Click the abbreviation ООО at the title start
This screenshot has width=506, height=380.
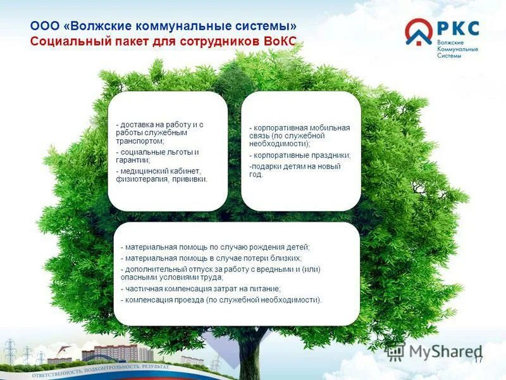coord(45,27)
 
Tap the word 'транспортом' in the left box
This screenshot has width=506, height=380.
coord(139,142)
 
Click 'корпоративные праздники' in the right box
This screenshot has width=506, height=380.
coord(301,155)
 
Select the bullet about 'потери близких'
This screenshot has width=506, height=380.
coord(212,258)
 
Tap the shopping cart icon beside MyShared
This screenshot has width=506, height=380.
coord(396,351)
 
